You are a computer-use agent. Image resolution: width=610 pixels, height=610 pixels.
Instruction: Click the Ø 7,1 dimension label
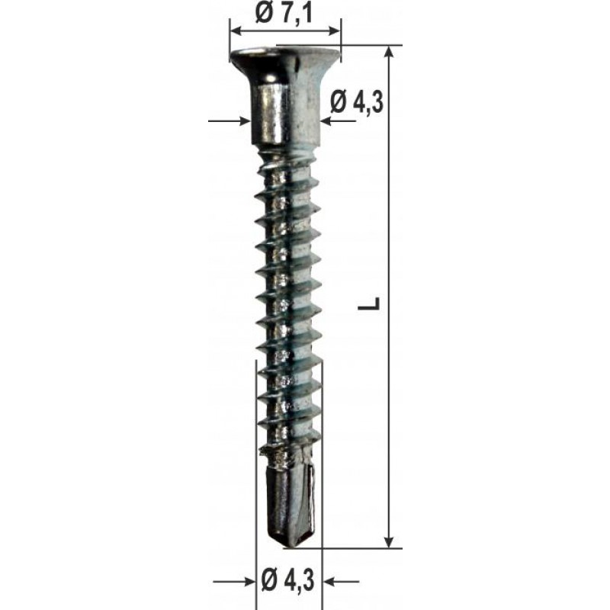pos(284,14)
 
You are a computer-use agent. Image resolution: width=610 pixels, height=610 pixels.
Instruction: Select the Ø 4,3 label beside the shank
pos(357,102)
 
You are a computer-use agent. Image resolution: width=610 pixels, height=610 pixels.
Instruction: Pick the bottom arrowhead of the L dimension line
pos(389,541)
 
